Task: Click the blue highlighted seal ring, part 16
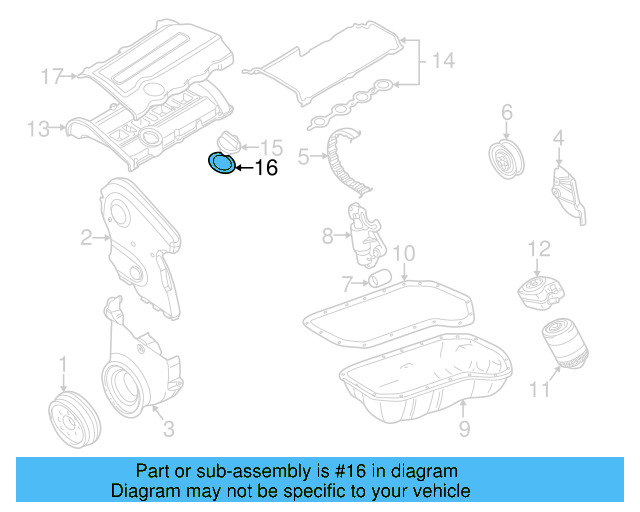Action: [x=221, y=163]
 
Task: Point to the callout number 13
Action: [x=38, y=128]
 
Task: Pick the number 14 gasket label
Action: [x=442, y=62]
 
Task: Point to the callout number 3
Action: [x=168, y=430]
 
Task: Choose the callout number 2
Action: [x=87, y=237]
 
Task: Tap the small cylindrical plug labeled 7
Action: [x=378, y=276]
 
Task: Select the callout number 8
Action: [x=327, y=237]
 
